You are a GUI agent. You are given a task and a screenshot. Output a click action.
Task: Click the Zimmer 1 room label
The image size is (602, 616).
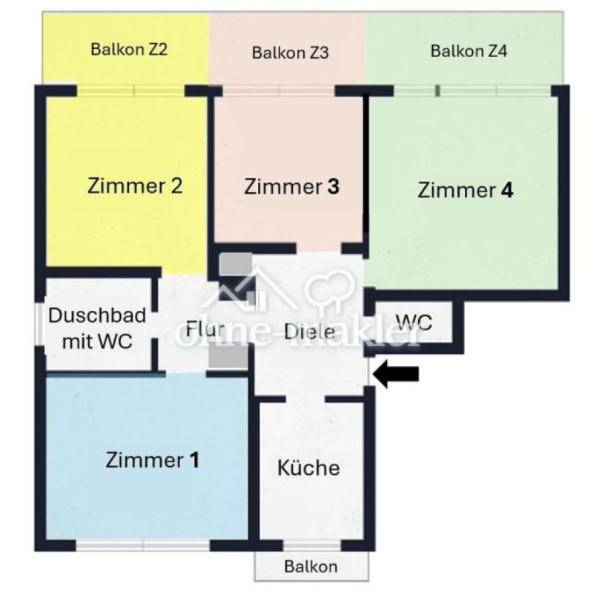pyautogui.click(x=152, y=459)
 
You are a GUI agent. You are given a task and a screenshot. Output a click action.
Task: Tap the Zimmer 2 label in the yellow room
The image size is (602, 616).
pyautogui.click(x=135, y=186)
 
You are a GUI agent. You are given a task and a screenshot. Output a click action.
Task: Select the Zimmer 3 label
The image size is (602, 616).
pyautogui.click(x=291, y=186)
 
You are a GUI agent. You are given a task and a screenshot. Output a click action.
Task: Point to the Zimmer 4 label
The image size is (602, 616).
pyautogui.click(x=465, y=190)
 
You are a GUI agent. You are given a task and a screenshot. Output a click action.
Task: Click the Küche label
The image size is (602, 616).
pyautogui.click(x=308, y=467)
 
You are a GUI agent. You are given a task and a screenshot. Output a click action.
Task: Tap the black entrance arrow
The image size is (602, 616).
pyautogui.click(x=396, y=373)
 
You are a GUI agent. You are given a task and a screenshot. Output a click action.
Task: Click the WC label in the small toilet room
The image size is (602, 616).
pyautogui.click(x=414, y=322)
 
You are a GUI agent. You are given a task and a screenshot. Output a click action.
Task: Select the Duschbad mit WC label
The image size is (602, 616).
pyautogui.click(x=97, y=328)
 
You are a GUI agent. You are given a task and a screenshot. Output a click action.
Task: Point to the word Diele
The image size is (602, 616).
pyautogui.click(x=310, y=332)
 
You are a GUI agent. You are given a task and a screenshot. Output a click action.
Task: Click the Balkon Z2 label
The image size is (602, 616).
pyautogui.click(x=129, y=49)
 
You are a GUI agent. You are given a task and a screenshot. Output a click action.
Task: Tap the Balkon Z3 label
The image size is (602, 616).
pyautogui.click(x=291, y=53)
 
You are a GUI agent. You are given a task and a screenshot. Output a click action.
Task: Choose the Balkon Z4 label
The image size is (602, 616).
pyautogui.click(x=469, y=51)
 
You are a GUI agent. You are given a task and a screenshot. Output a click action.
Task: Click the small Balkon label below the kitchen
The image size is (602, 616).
pyautogui.click(x=311, y=566)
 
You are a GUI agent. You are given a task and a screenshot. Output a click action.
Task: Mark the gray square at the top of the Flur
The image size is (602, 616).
pyautogui.click(x=236, y=264)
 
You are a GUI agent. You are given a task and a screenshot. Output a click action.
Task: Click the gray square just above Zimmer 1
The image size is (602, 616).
pyautogui.click(x=228, y=358)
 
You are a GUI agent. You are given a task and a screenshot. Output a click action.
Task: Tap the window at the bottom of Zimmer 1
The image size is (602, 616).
pyautogui.click(x=143, y=545)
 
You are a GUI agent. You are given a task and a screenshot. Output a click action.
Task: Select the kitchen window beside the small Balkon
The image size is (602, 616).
pyautogui.click(x=312, y=545)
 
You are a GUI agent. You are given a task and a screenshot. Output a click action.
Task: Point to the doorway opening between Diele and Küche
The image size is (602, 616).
pyautogui.click(x=305, y=399)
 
